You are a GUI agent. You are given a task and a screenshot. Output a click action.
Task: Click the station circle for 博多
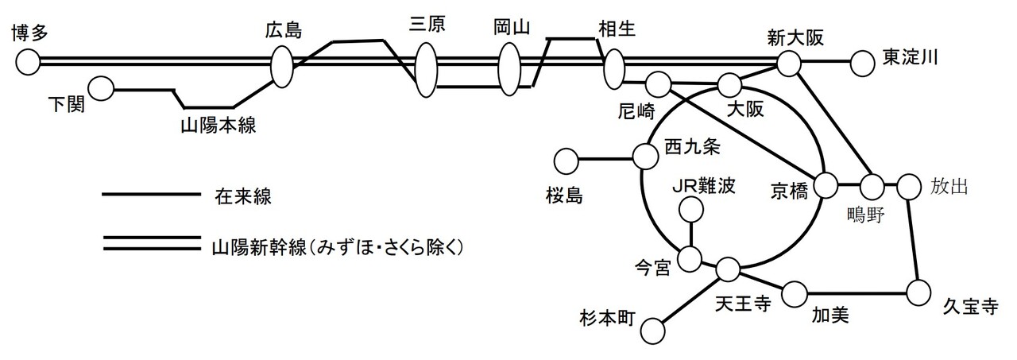click(x=29, y=61)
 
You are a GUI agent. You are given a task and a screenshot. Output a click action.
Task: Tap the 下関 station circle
click(x=101, y=89)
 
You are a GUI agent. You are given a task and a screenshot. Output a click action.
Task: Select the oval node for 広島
click(x=282, y=66)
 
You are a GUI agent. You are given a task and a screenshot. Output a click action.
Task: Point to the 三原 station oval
click(x=427, y=69)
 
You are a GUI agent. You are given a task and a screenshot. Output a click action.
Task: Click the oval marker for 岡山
click(x=509, y=69)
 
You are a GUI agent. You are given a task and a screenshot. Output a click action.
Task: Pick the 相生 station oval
click(x=613, y=69)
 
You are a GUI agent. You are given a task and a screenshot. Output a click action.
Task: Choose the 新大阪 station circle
click(x=788, y=63)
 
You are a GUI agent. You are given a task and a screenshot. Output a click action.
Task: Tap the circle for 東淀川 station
click(x=862, y=62)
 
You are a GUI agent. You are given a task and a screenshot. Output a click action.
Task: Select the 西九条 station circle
click(x=644, y=157)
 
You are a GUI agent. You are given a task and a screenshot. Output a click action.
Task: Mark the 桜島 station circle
click(x=567, y=161)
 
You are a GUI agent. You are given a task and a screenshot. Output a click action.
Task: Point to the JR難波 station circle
click(x=692, y=210)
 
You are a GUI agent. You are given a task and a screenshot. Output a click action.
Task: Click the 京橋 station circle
click(x=826, y=185)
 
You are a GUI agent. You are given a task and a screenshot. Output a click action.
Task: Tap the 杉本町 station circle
click(x=653, y=330)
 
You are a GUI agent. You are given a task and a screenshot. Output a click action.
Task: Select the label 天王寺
click(x=743, y=305)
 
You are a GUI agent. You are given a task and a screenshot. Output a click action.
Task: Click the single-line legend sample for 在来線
click(x=150, y=194)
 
